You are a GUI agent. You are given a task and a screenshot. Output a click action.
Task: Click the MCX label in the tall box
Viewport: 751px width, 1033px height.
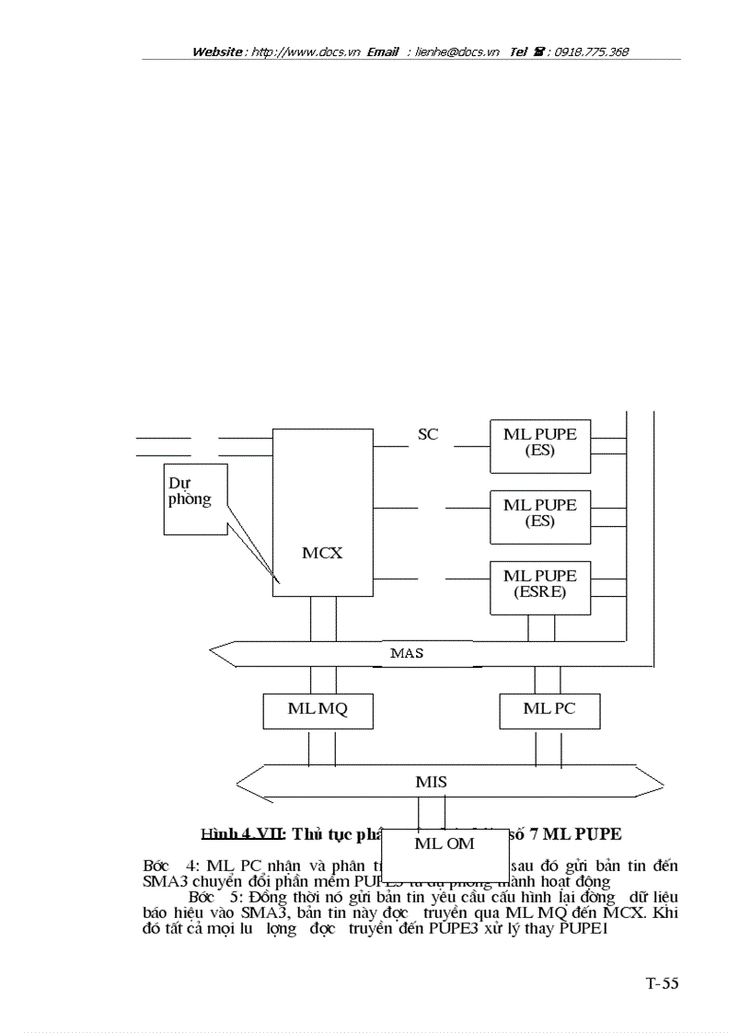pos(322,553)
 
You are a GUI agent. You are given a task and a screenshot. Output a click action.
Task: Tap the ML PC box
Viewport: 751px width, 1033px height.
pos(549,708)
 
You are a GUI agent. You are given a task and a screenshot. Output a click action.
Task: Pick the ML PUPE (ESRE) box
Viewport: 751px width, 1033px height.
pos(540,584)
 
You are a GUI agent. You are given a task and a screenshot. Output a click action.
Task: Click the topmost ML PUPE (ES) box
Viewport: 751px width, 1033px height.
pos(540,442)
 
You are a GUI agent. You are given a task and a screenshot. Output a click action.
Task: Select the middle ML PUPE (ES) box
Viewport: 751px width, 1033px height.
pos(540,513)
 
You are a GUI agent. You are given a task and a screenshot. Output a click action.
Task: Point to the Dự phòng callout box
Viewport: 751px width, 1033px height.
pos(195,499)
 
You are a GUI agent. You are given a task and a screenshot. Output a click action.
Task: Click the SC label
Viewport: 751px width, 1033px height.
pos(428,434)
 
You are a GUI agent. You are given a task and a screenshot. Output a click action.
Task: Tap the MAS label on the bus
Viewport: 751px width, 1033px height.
pos(406,653)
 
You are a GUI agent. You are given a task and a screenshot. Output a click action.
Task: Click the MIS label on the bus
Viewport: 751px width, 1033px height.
pos(431,782)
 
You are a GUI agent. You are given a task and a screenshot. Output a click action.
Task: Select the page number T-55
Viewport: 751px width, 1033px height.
pos(661,983)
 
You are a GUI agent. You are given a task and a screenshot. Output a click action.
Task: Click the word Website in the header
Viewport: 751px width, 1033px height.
pos(217,52)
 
